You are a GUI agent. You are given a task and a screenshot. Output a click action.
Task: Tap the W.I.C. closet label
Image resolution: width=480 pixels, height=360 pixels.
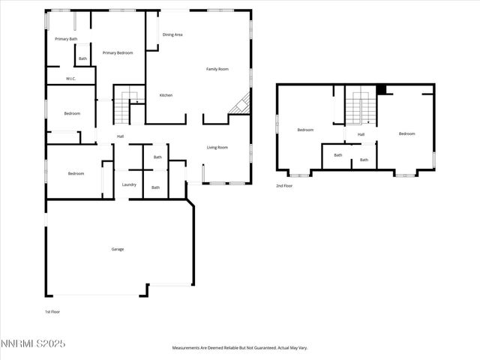(70, 78)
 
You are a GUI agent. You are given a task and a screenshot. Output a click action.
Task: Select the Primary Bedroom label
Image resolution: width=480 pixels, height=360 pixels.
(118, 52)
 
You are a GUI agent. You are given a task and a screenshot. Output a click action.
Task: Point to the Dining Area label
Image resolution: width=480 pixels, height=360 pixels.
(172, 34)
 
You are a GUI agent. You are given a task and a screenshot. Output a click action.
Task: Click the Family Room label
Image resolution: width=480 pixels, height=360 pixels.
(217, 69)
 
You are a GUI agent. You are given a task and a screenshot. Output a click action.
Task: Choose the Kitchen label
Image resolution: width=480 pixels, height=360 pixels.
(166, 95)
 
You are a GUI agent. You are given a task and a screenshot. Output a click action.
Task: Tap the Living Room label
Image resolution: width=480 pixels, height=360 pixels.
(217, 147)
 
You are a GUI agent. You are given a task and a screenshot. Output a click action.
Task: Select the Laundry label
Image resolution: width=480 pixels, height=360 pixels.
(129, 184)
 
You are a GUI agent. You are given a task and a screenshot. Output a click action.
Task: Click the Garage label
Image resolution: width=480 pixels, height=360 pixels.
(118, 249)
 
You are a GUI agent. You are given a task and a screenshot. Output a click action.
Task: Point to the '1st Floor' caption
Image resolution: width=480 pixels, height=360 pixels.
(52, 310)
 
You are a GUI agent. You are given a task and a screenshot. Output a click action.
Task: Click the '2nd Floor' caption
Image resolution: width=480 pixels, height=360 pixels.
(284, 185)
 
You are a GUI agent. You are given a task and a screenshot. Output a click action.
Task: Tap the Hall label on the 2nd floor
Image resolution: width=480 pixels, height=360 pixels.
(361, 134)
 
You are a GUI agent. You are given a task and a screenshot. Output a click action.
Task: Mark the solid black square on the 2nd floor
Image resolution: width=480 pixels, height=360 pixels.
(381, 89)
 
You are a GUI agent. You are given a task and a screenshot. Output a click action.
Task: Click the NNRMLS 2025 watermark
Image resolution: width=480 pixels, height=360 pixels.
(33, 343)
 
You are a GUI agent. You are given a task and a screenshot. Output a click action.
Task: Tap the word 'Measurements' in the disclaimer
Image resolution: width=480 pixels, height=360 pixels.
(190, 348)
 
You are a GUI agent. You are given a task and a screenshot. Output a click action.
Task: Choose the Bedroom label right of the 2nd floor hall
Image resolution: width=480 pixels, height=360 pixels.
(406, 133)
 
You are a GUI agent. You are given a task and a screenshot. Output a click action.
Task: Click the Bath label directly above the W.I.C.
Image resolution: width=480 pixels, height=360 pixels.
(82, 58)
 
